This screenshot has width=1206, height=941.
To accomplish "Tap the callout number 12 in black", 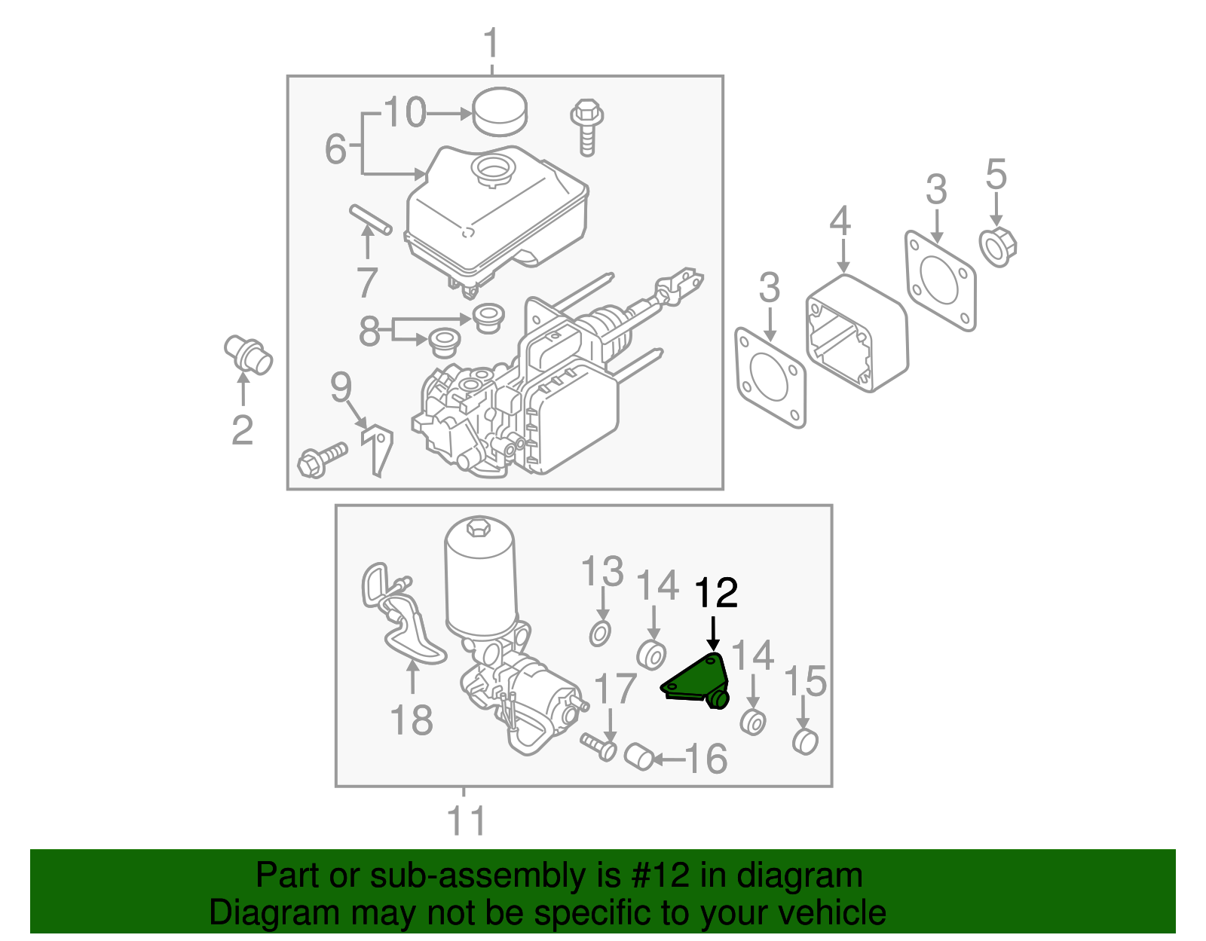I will pyautogui.click(x=715, y=594).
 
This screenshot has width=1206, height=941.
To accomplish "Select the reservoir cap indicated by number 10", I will pyautogui.click(x=499, y=112).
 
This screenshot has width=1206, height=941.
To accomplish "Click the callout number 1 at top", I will pyautogui.click(x=491, y=44).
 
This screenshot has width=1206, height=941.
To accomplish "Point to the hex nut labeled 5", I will pyautogui.click(x=998, y=246).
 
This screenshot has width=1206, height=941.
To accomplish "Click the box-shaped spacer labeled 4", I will pyautogui.click(x=857, y=332).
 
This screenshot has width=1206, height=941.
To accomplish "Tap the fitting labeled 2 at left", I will pyautogui.click(x=248, y=355).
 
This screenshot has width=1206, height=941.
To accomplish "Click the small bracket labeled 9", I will pyautogui.click(x=378, y=450).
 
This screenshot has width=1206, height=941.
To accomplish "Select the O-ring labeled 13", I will pyautogui.click(x=600, y=634).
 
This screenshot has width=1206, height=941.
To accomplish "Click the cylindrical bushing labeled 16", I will pyautogui.click(x=639, y=756).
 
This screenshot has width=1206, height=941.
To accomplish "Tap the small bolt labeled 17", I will pyautogui.click(x=600, y=746).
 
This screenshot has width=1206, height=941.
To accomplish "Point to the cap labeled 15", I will pyautogui.click(x=805, y=741).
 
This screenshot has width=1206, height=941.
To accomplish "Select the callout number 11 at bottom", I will pyautogui.click(x=467, y=820).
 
